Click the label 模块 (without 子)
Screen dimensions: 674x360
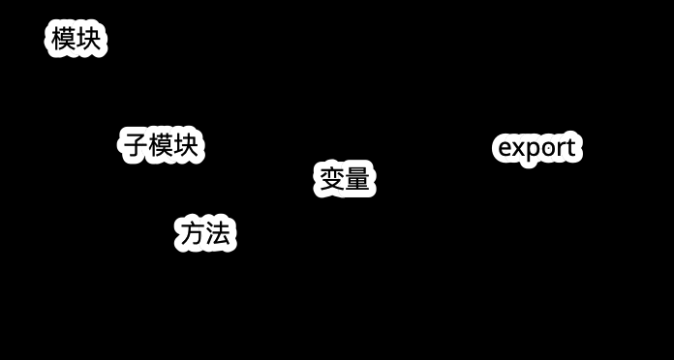pyautogui.click(x=77, y=40)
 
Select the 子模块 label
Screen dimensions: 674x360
pyautogui.click(x=161, y=145)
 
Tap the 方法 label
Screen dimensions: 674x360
pyautogui.click(x=205, y=233)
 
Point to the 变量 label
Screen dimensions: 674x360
pyautogui.click(x=345, y=179)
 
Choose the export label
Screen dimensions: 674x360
pyautogui.click(x=537, y=148)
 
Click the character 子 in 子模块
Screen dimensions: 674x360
pyautogui.click(x=135, y=145)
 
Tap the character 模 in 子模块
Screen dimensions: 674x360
pyautogui.click(x=161, y=145)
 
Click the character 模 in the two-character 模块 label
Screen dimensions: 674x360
pyautogui.click(x=64, y=40)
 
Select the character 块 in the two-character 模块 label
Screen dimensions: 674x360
pyautogui.click(x=89, y=40)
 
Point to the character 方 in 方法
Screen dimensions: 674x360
pyautogui.click(x=193, y=233)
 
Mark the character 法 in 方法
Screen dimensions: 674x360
pyautogui.click(x=219, y=233)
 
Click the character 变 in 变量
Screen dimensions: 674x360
pyautogui.click(x=332, y=179)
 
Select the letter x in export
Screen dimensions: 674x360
pyautogui.click(x=519, y=149)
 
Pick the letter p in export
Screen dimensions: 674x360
pyautogui.click(x=533, y=151)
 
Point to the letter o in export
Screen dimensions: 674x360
pyautogui.click(x=547, y=149)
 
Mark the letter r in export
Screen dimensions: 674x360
pyautogui.click(x=560, y=149)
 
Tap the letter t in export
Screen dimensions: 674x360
pyautogui.click(x=570, y=148)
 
